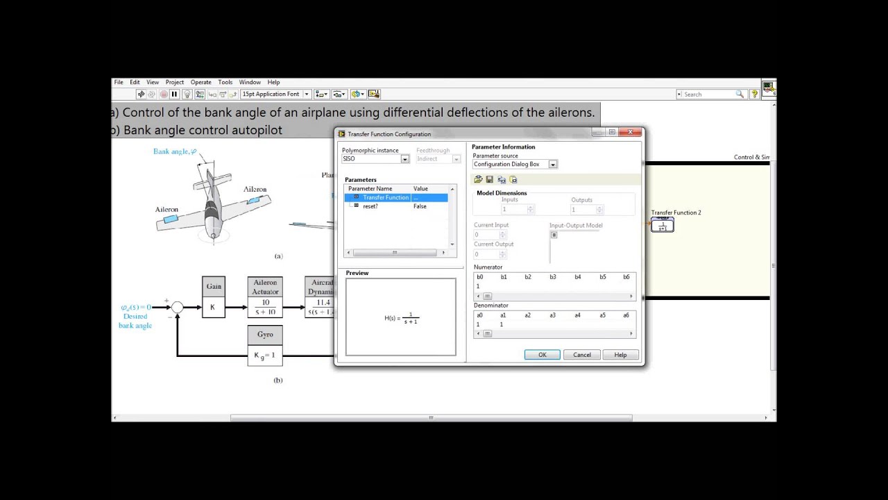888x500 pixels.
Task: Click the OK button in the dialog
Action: (x=542, y=355)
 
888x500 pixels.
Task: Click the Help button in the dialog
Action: (x=620, y=355)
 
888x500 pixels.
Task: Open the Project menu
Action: (x=175, y=82)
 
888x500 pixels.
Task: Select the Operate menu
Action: (x=201, y=82)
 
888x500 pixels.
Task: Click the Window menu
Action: (x=250, y=82)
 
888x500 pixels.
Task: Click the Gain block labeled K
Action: (x=214, y=306)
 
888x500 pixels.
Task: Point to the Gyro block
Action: (x=265, y=345)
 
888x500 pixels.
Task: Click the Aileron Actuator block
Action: (x=265, y=297)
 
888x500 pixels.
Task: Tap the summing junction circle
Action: (x=178, y=307)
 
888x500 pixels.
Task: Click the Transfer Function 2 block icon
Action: (x=663, y=225)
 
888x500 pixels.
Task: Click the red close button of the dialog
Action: (x=631, y=133)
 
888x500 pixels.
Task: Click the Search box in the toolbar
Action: (x=708, y=94)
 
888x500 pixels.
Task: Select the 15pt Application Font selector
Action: (x=275, y=94)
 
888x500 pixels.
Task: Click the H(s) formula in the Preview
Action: (x=401, y=318)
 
